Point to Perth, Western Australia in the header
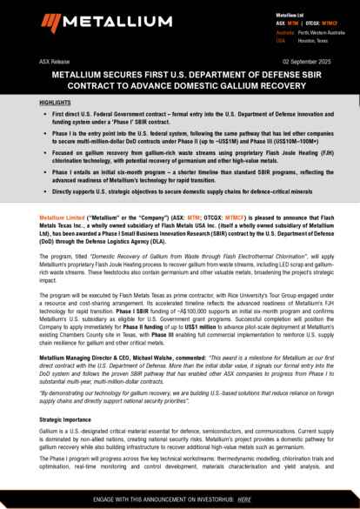tap(321, 32)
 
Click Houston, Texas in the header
tap(312, 40)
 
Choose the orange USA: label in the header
tap(282, 40)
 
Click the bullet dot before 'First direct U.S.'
tap(43, 114)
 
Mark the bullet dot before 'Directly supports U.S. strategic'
tap(43, 189)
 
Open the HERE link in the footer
tap(244, 499)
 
